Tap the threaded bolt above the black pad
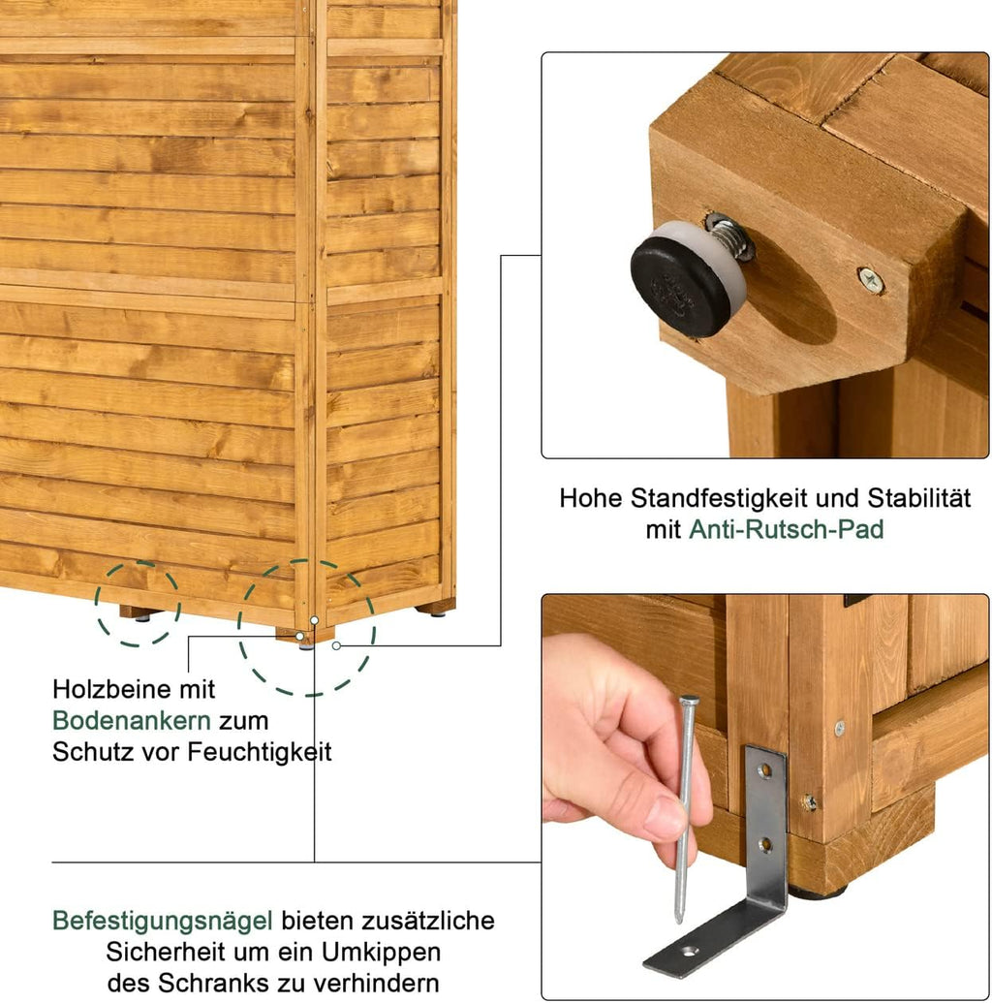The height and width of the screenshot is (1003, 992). [x=729, y=237]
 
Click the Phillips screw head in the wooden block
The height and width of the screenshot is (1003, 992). [x=871, y=280]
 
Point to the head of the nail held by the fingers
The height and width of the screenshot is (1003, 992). [x=689, y=699]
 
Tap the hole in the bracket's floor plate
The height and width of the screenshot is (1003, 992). [x=688, y=952]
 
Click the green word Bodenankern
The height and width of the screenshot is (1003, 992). [x=132, y=720]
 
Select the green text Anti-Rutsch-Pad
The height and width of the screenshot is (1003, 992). [x=786, y=529]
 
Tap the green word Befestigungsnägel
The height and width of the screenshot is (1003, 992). [x=163, y=922]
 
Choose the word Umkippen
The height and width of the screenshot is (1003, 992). [x=381, y=953]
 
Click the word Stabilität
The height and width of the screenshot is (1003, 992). [x=918, y=498]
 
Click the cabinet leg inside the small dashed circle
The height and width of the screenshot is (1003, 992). [x=139, y=612]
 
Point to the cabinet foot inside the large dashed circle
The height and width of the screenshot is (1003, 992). [x=306, y=637]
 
